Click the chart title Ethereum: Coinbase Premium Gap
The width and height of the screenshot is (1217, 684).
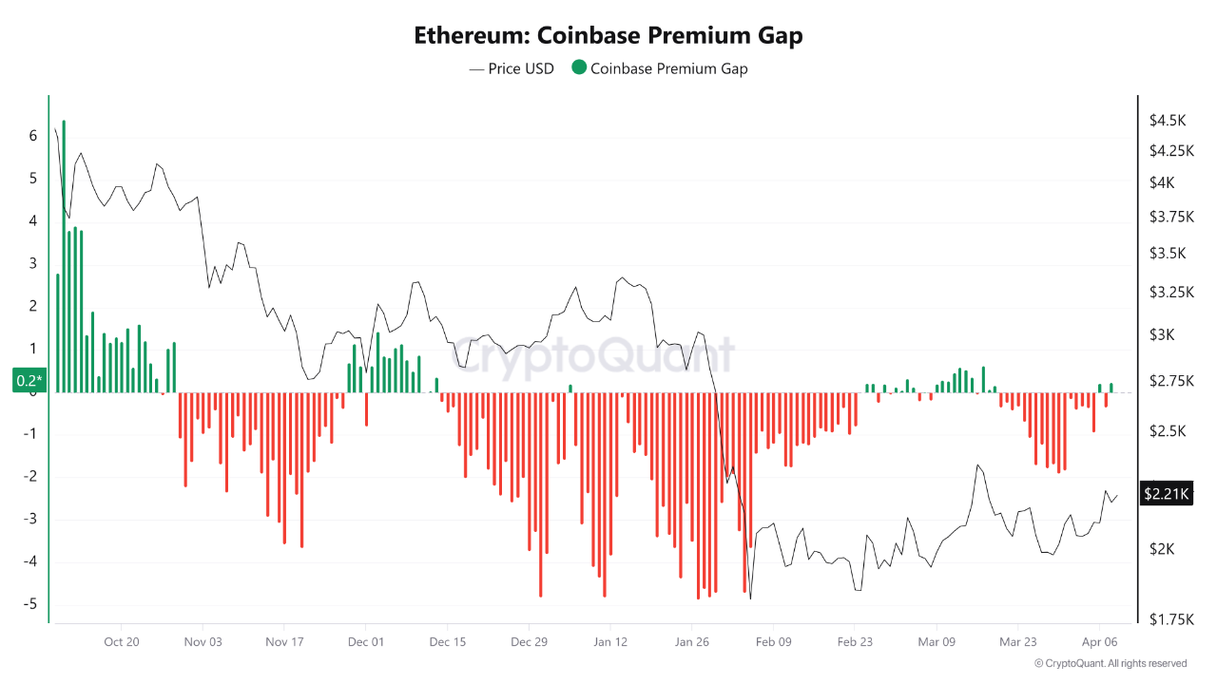tap(608, 36)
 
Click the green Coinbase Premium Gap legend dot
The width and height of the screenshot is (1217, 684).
tap(578, 67)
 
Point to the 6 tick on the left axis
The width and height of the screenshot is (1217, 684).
tap(33, 136)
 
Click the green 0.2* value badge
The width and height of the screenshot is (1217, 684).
tap(29, 381)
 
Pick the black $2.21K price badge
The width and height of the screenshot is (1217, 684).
tap(1165, 493)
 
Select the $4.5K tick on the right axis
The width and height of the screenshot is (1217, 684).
tap(1168, 121)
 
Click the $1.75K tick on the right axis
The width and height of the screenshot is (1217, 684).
tap(1169, 619)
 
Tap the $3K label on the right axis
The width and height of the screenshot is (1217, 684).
tap(1162, 334)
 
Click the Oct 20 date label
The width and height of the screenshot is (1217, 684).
tap(122, 642)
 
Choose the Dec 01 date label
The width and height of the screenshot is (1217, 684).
tap(366, 642)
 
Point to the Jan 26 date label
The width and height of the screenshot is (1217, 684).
tap(691, 642)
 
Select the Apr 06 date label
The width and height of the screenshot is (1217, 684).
tap(1099, 642)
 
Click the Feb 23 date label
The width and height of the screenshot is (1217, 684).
tap(855, 642)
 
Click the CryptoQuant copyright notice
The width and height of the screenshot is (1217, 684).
tap(1110, 663)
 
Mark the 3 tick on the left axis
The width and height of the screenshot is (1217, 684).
tap(33, 264)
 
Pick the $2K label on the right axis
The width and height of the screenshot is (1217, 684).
tap(1162, 549)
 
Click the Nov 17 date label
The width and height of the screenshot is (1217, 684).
tap(284, 642)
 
